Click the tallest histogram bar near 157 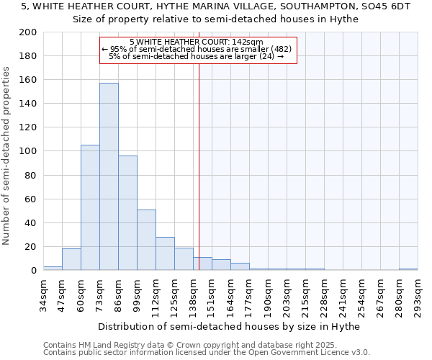[x=109, y=176]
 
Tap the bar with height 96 [x=127, y=212]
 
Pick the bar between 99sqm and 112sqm [x=146, y=240]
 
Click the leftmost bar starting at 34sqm [x=53, y=268]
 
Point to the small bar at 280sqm [x=408, y=269]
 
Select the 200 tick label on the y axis [x=28, y=32]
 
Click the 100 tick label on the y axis [x=28, y=151]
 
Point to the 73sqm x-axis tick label [x=100, y=296]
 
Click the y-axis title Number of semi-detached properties [x=7, y=156]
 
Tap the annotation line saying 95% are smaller [x=197, y=49]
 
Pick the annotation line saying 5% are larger [x=196, y=56]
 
